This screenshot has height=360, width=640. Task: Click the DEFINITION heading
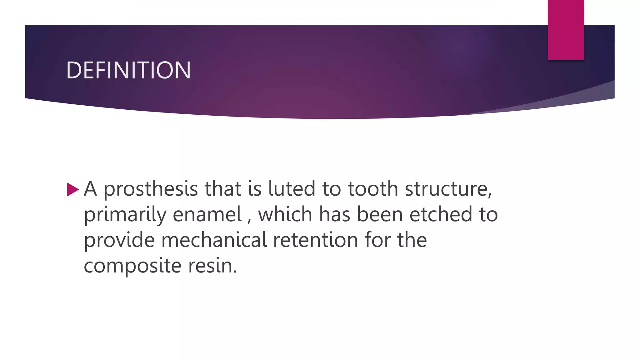click(x=128, y=70)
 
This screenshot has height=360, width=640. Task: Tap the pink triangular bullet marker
click(x=72, y=189)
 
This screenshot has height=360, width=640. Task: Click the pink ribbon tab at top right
click(x=566, y=30)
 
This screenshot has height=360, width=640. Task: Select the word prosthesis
click(x=151, y=189)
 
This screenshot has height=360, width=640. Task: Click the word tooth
click(x=373, y=189)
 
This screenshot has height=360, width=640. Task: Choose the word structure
click(x=448, y=189)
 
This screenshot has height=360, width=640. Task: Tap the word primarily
click(x=125, y=215)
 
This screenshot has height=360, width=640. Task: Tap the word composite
click(x=132, y=266)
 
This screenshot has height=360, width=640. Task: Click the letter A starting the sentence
click(x=90, y=189)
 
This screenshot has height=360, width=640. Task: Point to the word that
click(x=223, y=189)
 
